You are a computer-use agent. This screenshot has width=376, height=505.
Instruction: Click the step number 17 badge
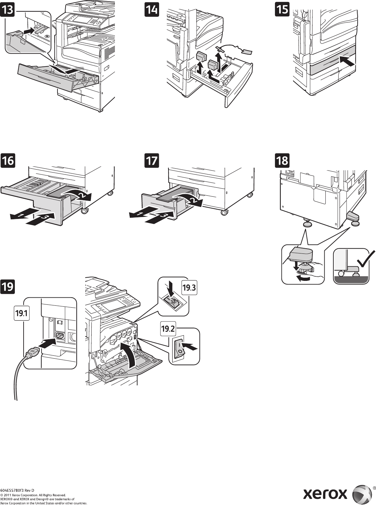point(151,160)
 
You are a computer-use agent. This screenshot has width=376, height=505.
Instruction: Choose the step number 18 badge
point(282,160)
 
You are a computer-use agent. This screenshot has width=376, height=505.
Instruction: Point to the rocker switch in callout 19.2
point(178,348)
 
